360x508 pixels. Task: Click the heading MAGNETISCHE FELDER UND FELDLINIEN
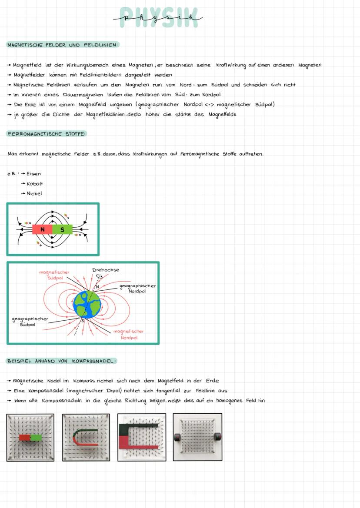[x=63, y=45]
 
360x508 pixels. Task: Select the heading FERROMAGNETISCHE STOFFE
[x=47, y=134]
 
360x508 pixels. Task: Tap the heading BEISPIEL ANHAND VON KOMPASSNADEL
[x=61, y=361]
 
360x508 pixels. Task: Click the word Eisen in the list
[x=33, y=174]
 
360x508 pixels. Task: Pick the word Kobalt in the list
[x=34, y=184]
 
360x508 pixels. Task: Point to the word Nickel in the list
[x=34, y=194]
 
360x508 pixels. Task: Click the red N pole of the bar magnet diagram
[x=42, y=229]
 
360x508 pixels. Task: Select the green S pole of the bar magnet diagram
[x=62, y=229]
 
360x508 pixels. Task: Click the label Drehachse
[x=106, y=270]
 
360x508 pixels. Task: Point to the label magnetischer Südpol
[x=54, y=275]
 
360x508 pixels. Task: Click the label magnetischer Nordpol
[x=128, y=334]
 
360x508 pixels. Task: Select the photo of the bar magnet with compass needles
[x=30, y=437]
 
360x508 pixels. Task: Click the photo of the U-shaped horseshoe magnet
[x=86, y=437]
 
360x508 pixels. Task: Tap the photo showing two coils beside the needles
[x=197, y=437]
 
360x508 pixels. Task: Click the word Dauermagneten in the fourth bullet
[x=83, y=94]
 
